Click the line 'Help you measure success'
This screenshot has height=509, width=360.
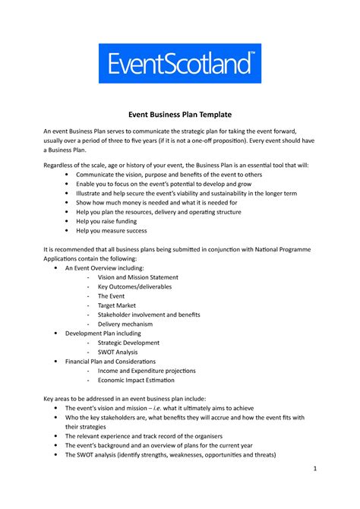(x=111, y=230)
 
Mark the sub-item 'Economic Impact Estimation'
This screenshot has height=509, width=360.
(x=141, y=380)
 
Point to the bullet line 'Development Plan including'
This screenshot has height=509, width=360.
(x=103, y=334)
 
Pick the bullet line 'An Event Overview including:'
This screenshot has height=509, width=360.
(x=105, y=268)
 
